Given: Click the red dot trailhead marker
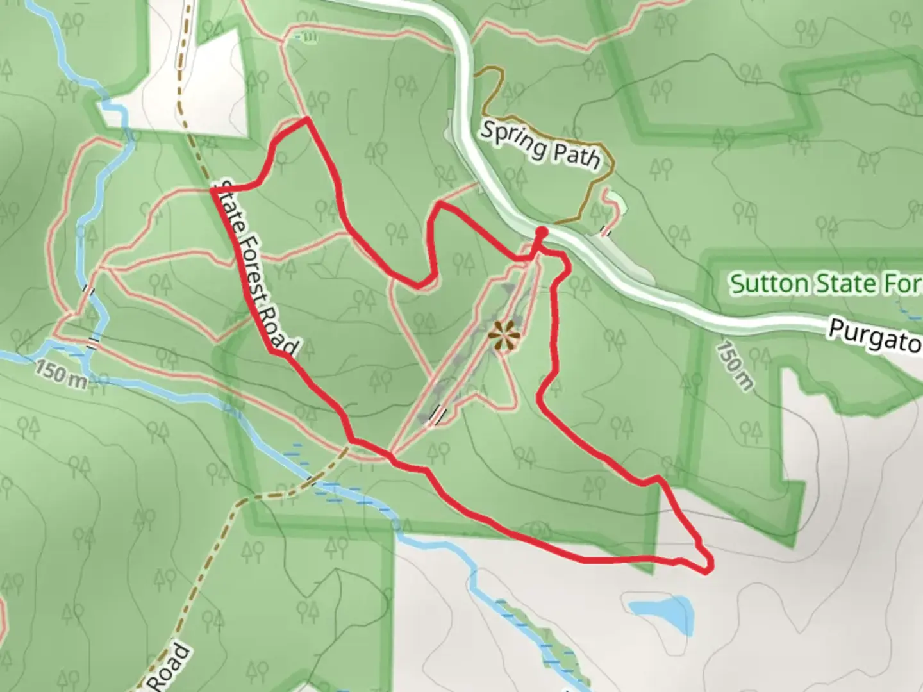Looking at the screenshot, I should pyautogui.click(x=541, y=231).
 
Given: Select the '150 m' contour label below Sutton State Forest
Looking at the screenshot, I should pyautogui.click(x=735, y=366).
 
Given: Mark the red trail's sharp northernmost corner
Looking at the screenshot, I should pyautogui.click(x=307, y=119).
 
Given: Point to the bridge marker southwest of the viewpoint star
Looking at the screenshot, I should pyautogui.click(x=437, y=413).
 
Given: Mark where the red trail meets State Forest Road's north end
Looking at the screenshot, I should pyautogui.click(x=214, y=189).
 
